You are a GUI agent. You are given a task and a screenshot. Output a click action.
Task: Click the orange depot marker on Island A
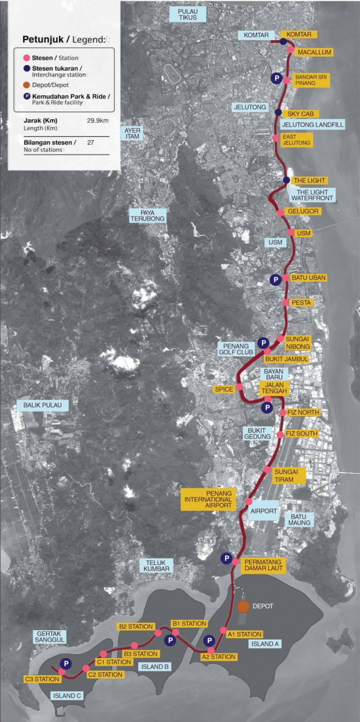pyautogui.click(x=243, y=606)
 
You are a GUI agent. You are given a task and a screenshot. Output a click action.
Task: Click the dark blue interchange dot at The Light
pyautogui.click(x=286, y=180)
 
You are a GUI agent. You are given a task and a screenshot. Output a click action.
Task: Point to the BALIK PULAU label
pyautogui.click(x=43, y=405)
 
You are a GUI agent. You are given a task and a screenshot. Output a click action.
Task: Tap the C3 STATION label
pyautogui.click(x=42, y=679)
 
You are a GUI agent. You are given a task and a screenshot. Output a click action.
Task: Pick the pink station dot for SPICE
pyautogui.click(x=240, y=387)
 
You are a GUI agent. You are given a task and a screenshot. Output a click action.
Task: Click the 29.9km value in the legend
pyautogui.click(x=98, y=120)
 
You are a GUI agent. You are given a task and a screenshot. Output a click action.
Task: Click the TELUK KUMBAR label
pyautogui.click(x=157, y=565)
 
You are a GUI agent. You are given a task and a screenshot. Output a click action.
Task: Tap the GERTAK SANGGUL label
pyautogui.click(x=48, y=636)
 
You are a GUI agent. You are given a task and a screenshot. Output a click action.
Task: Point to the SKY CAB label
pyautogui.click(x=303, y=113)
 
